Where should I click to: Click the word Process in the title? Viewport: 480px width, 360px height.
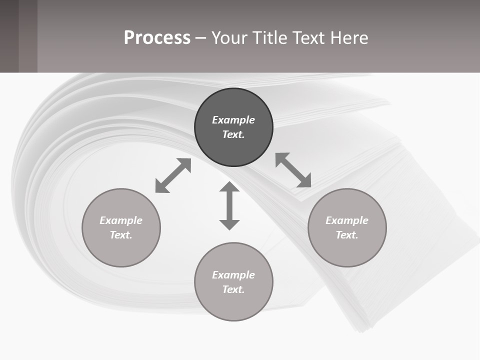(157, 38)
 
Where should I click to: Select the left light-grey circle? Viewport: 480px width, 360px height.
(121, 250)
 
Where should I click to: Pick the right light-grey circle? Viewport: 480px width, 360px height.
(347, 250)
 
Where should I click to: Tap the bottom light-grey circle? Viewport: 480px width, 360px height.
(233, 305)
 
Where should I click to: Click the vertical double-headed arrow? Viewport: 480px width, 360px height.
(229, 205)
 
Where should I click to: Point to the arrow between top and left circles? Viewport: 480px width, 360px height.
(173, 175)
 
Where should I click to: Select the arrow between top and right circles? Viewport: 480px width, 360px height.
(293, 170)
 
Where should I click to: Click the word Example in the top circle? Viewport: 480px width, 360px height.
(233, 120)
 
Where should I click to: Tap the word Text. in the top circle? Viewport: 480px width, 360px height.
(233, 134)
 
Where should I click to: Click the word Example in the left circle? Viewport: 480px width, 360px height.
(121, 220)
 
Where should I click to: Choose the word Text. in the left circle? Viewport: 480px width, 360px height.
(121, 235)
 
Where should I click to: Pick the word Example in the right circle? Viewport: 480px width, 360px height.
(347, 220)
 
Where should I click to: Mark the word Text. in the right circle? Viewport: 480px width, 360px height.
(347, 235)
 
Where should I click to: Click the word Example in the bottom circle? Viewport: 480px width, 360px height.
(233, 275)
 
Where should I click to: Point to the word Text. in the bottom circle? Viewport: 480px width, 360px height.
(233, 289)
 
